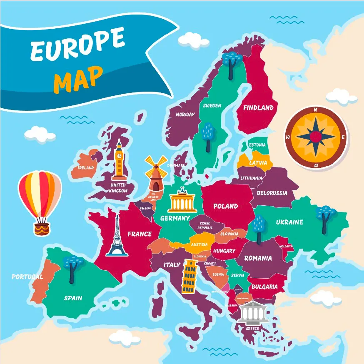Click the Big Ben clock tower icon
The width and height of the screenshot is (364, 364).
[120, 161]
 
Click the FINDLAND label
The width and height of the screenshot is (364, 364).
[258, 108]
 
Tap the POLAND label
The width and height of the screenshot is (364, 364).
[225, 206]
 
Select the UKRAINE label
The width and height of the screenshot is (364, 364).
[289, 222]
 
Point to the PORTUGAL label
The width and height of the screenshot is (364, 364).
[27, 277]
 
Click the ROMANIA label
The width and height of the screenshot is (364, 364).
[258, 258]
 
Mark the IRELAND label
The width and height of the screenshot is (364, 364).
[86, 168]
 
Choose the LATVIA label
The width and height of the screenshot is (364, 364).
[258, 163]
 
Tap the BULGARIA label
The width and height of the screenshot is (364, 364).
[264, 287]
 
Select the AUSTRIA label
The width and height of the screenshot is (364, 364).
[199, 245]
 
